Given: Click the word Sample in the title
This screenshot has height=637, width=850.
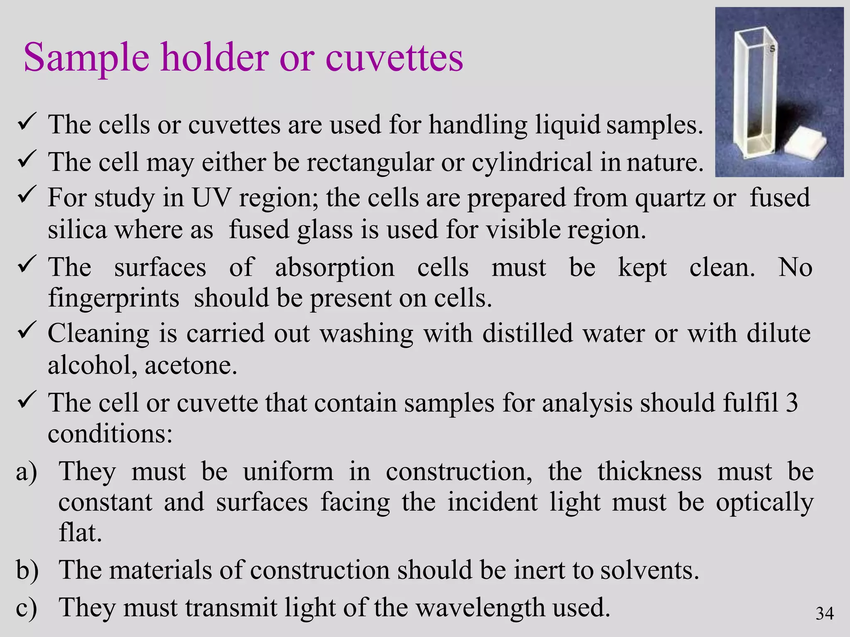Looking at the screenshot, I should (86, 58).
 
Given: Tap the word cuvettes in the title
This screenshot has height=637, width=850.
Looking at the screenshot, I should (394, 58).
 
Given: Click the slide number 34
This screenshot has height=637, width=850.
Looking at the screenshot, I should (824, 613).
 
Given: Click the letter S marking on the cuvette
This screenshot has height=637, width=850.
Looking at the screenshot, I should (772, 49).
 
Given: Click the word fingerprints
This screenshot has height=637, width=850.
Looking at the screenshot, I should (113, 299).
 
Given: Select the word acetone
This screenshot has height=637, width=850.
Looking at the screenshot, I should (191, 366).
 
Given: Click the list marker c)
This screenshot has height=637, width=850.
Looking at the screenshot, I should (27, 608).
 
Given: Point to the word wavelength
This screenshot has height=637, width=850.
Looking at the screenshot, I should (479, 608).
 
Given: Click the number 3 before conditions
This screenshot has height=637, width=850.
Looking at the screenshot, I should (791, 402).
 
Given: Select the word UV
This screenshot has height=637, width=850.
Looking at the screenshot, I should (211, 198).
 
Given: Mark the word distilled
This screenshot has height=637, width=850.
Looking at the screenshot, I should (528, 333).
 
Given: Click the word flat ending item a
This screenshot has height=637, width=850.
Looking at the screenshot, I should (80, 532).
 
